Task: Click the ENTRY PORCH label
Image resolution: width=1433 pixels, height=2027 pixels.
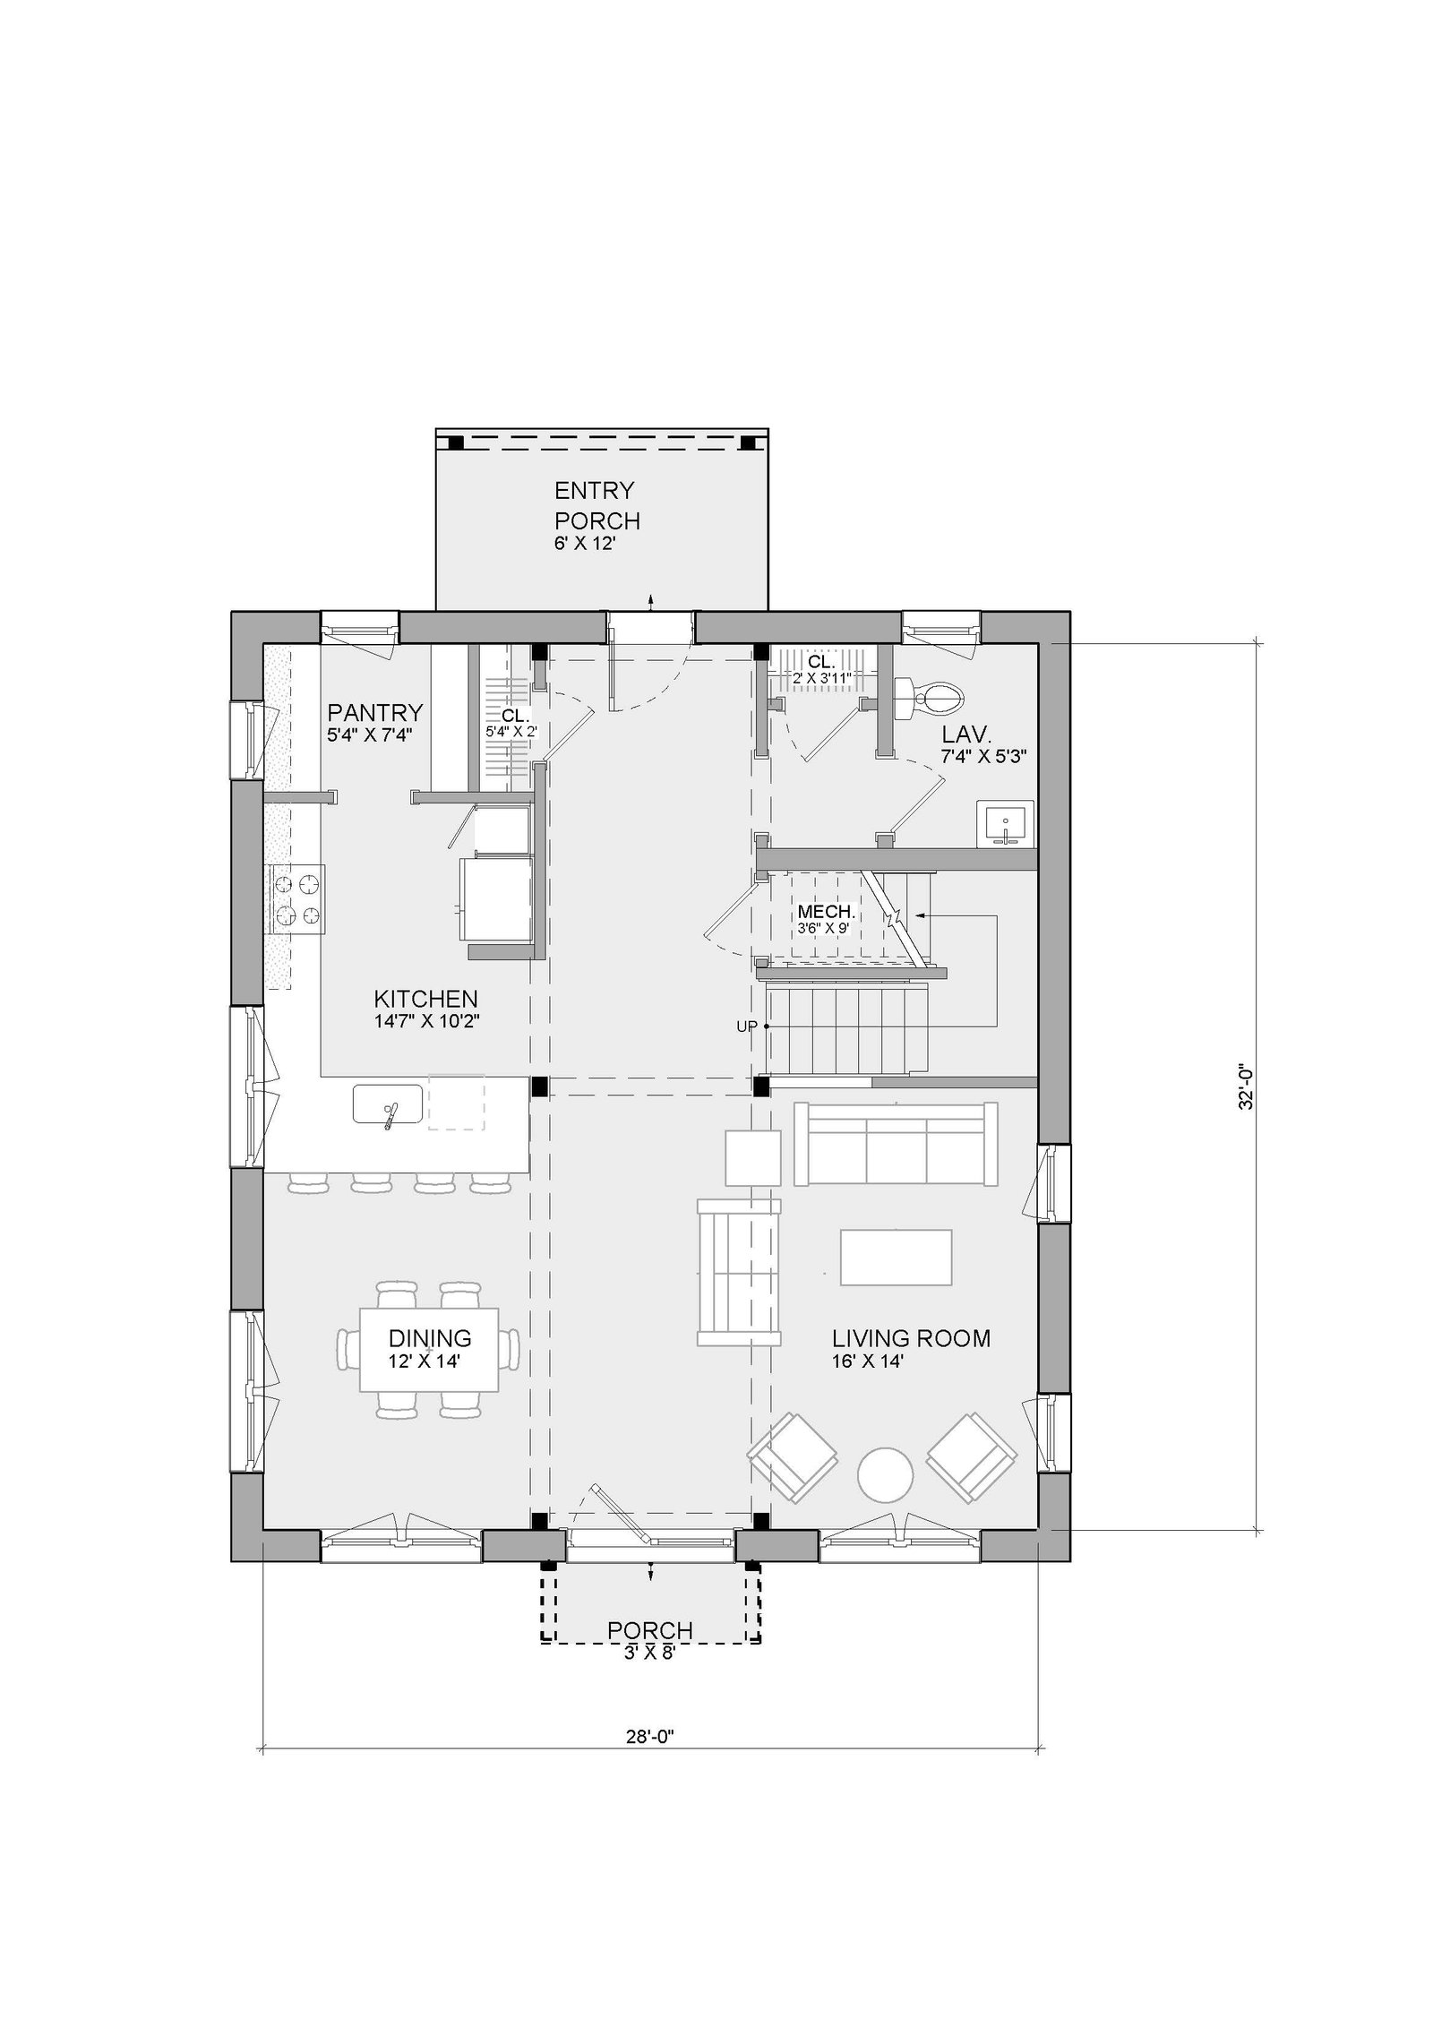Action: pyautogui.click(x=597, y=505)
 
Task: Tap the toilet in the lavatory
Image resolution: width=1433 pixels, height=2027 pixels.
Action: pyautogui.click(x=929, y=696)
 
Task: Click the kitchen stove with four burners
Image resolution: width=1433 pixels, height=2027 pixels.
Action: pyautogui.click(x=296, y=899)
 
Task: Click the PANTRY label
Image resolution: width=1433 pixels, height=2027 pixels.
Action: pyautogui.click(x=374, y=713)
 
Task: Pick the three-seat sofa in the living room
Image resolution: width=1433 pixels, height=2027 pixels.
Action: pyautogui.click(x=896, y=1144)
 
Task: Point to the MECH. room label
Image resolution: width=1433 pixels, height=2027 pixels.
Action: pyautogui.click(x=827, y=914)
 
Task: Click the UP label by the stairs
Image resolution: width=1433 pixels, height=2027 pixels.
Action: pyautogui.click(x=747, y=1026)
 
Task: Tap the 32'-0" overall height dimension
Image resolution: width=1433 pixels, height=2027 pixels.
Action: pyautogui.click(x=1244, y=1087)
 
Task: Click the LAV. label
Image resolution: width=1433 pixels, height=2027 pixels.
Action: pyautogui.click(x=965, y=735)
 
